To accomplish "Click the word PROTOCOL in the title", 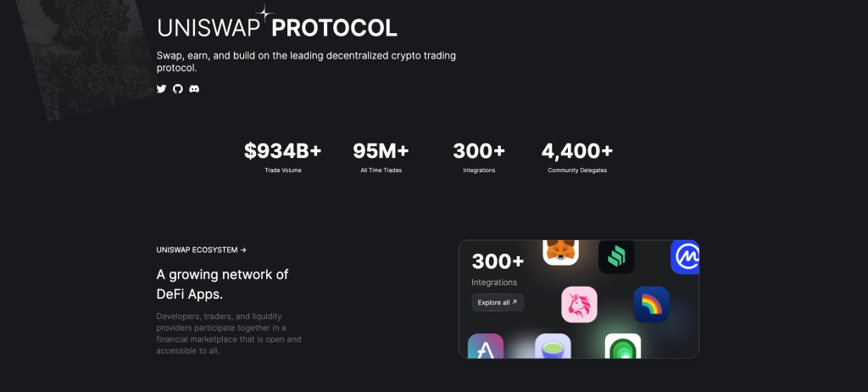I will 334,28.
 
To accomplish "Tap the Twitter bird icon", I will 162,88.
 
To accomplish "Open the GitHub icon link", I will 178,88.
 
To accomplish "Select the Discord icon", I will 194,88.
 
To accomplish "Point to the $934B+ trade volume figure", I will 283,151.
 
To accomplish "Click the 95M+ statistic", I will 381,151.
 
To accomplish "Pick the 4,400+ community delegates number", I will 576,151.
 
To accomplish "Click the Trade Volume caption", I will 283,171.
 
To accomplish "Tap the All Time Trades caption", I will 381,171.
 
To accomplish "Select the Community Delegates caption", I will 576,171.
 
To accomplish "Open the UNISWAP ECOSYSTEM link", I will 202,250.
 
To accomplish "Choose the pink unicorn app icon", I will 579,304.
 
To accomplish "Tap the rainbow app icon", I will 651,304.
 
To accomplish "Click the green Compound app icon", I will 616,255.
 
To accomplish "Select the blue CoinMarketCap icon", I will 685,256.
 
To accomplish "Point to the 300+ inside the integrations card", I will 498,261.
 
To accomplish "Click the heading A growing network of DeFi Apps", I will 222,284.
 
